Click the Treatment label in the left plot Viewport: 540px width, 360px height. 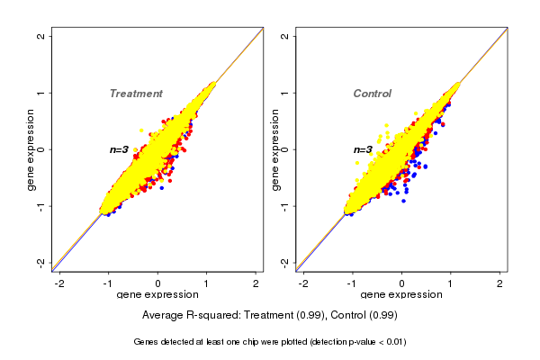tap(136, 94)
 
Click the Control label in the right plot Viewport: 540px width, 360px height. tap(372, 94)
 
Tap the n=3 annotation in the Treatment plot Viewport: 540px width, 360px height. tap(120, 149)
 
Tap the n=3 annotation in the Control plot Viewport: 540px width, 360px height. tap(363, 149)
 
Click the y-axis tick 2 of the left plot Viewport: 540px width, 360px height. tap(42, 36)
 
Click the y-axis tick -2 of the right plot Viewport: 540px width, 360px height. tap(285, 262)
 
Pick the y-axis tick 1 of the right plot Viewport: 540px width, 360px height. tap(285, 93)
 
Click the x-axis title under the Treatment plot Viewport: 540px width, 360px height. tap(157, 295)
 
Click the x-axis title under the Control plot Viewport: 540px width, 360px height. tap(400, 295)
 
